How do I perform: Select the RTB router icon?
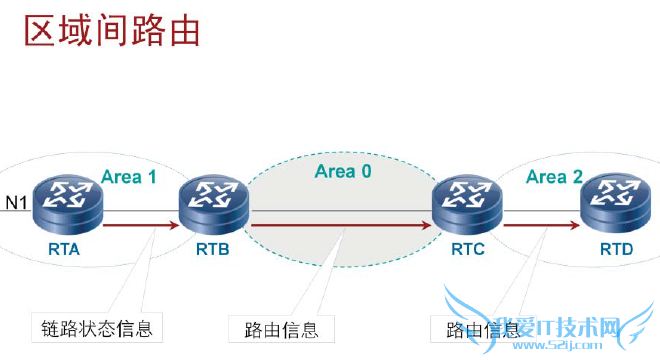(x=214, y=203)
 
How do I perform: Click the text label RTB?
(x=214, y=249)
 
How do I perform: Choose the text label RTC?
(x=467, y=249)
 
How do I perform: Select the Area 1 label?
(x=129, y=177)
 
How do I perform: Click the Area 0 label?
(x=343, y=171)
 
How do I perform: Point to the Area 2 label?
(x=554, y=177)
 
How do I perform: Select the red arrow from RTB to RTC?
(x=340, y=226)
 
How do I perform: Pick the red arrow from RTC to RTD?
(x=540, y=226)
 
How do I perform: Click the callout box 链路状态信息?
(x=89, y=329)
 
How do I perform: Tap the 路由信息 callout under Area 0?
(x=274, y=329)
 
